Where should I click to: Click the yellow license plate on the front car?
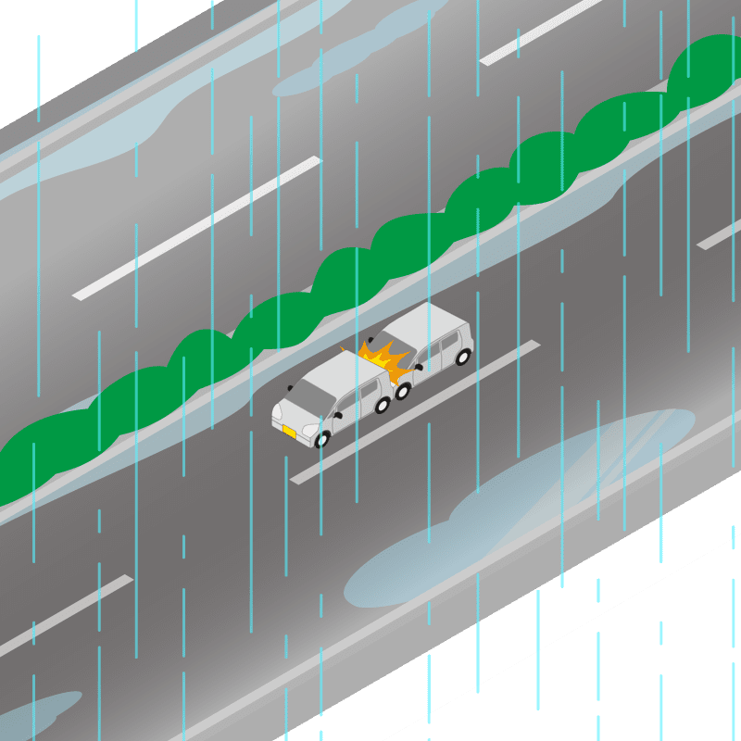pyautogui.click(x=289, y=432)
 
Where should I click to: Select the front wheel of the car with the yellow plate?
pyautogui.click(x=322, y=438)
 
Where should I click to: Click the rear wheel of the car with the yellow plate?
pyautogui.click(x=382, y=404)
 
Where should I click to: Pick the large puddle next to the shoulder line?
pyautogui.click(x=519, y=509)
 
